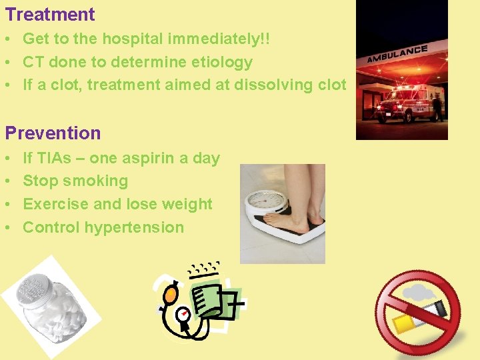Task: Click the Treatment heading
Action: [x=50, y=14]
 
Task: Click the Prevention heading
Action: [x=53, y=133]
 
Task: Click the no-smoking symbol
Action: [x=418, y=313]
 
